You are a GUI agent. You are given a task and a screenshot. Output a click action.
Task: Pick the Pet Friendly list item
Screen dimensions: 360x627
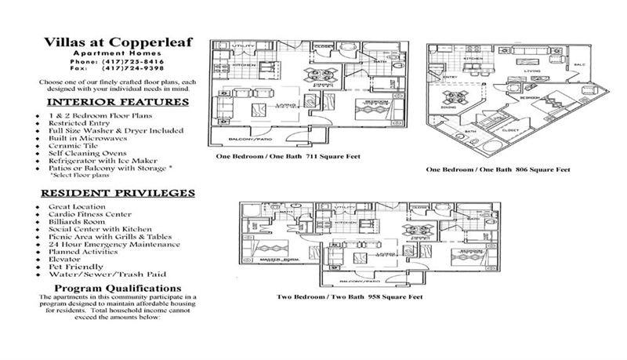pos(74,267)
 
